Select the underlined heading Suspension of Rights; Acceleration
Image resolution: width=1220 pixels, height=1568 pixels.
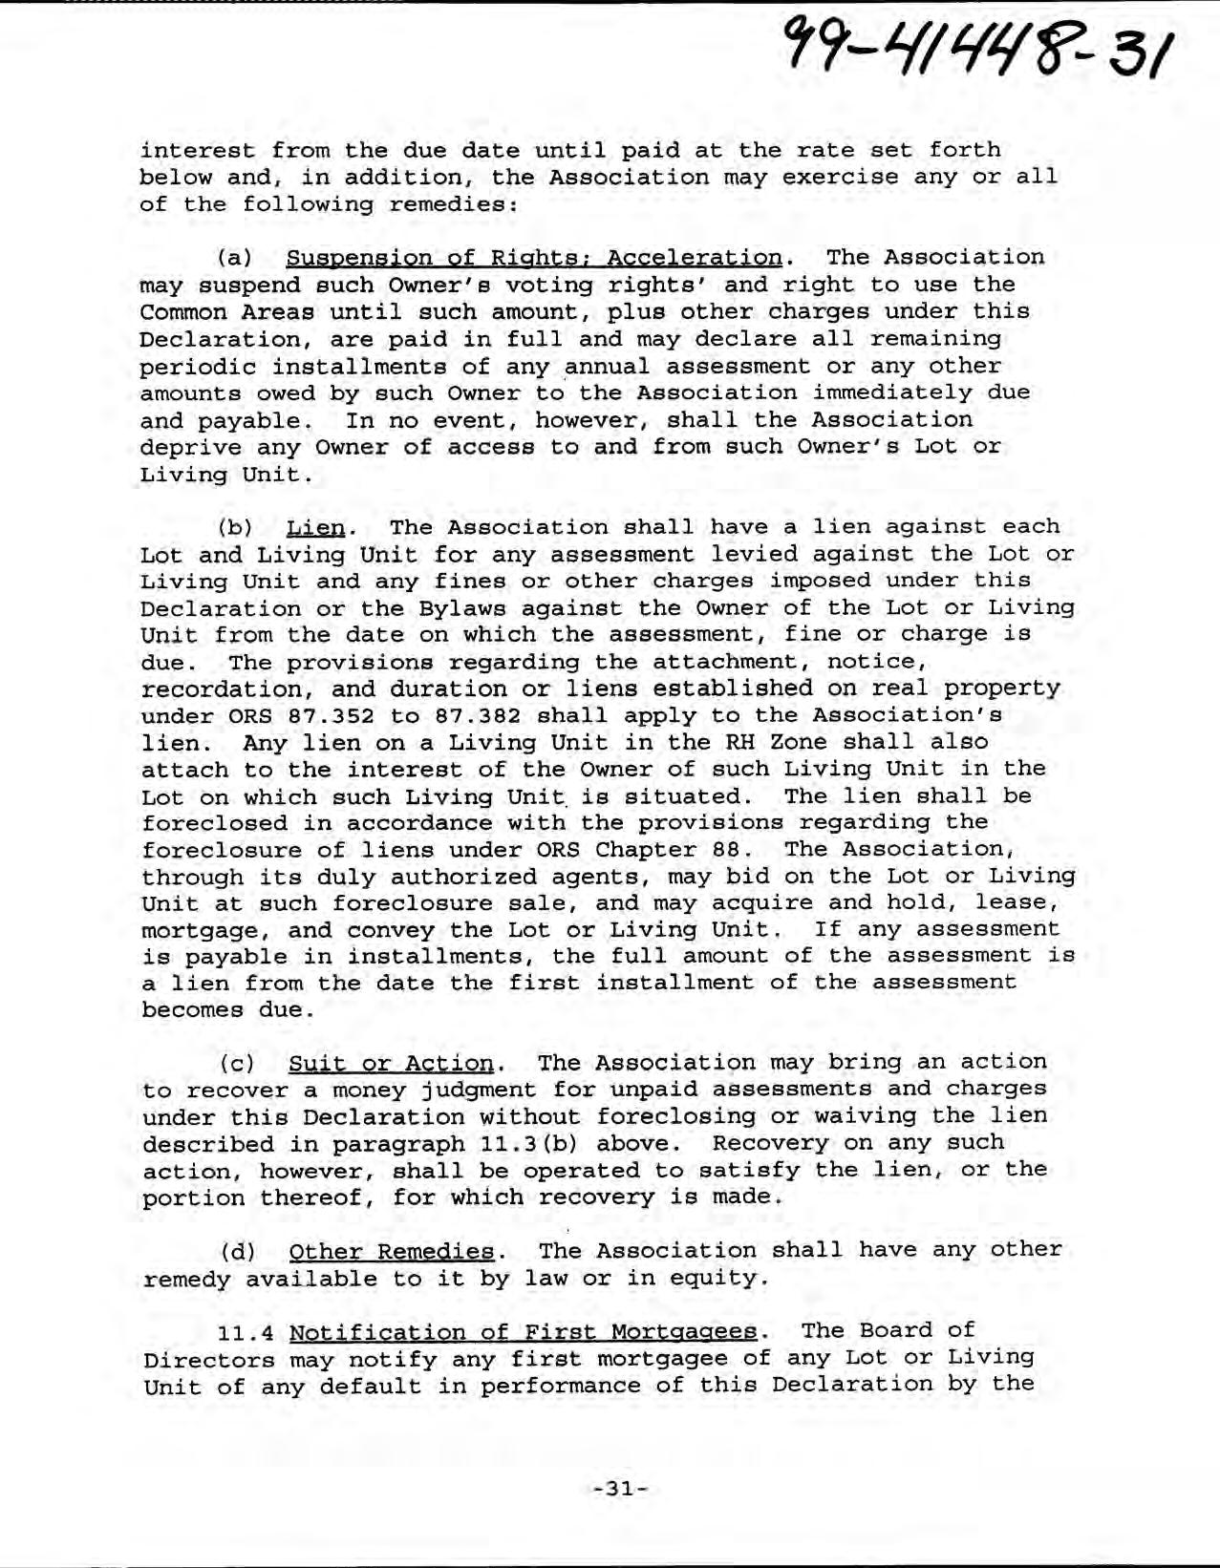(x=534, y=258)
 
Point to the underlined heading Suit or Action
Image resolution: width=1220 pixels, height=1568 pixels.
(x=390, y=1063)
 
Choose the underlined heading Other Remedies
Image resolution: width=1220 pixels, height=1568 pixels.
(x=392, y=1251)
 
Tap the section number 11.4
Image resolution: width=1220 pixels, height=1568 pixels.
(x=245, y=1332)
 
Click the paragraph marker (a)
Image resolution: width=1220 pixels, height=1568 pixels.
(x=236, y=258)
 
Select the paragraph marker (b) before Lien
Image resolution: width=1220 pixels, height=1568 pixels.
(x=236, y=527)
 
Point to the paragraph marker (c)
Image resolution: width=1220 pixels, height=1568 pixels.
(x=236, y=1063)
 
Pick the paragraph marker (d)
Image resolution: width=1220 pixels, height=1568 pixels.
(x=236, y=1251)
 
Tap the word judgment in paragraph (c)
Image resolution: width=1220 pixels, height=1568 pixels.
(x=449, y=1091)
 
